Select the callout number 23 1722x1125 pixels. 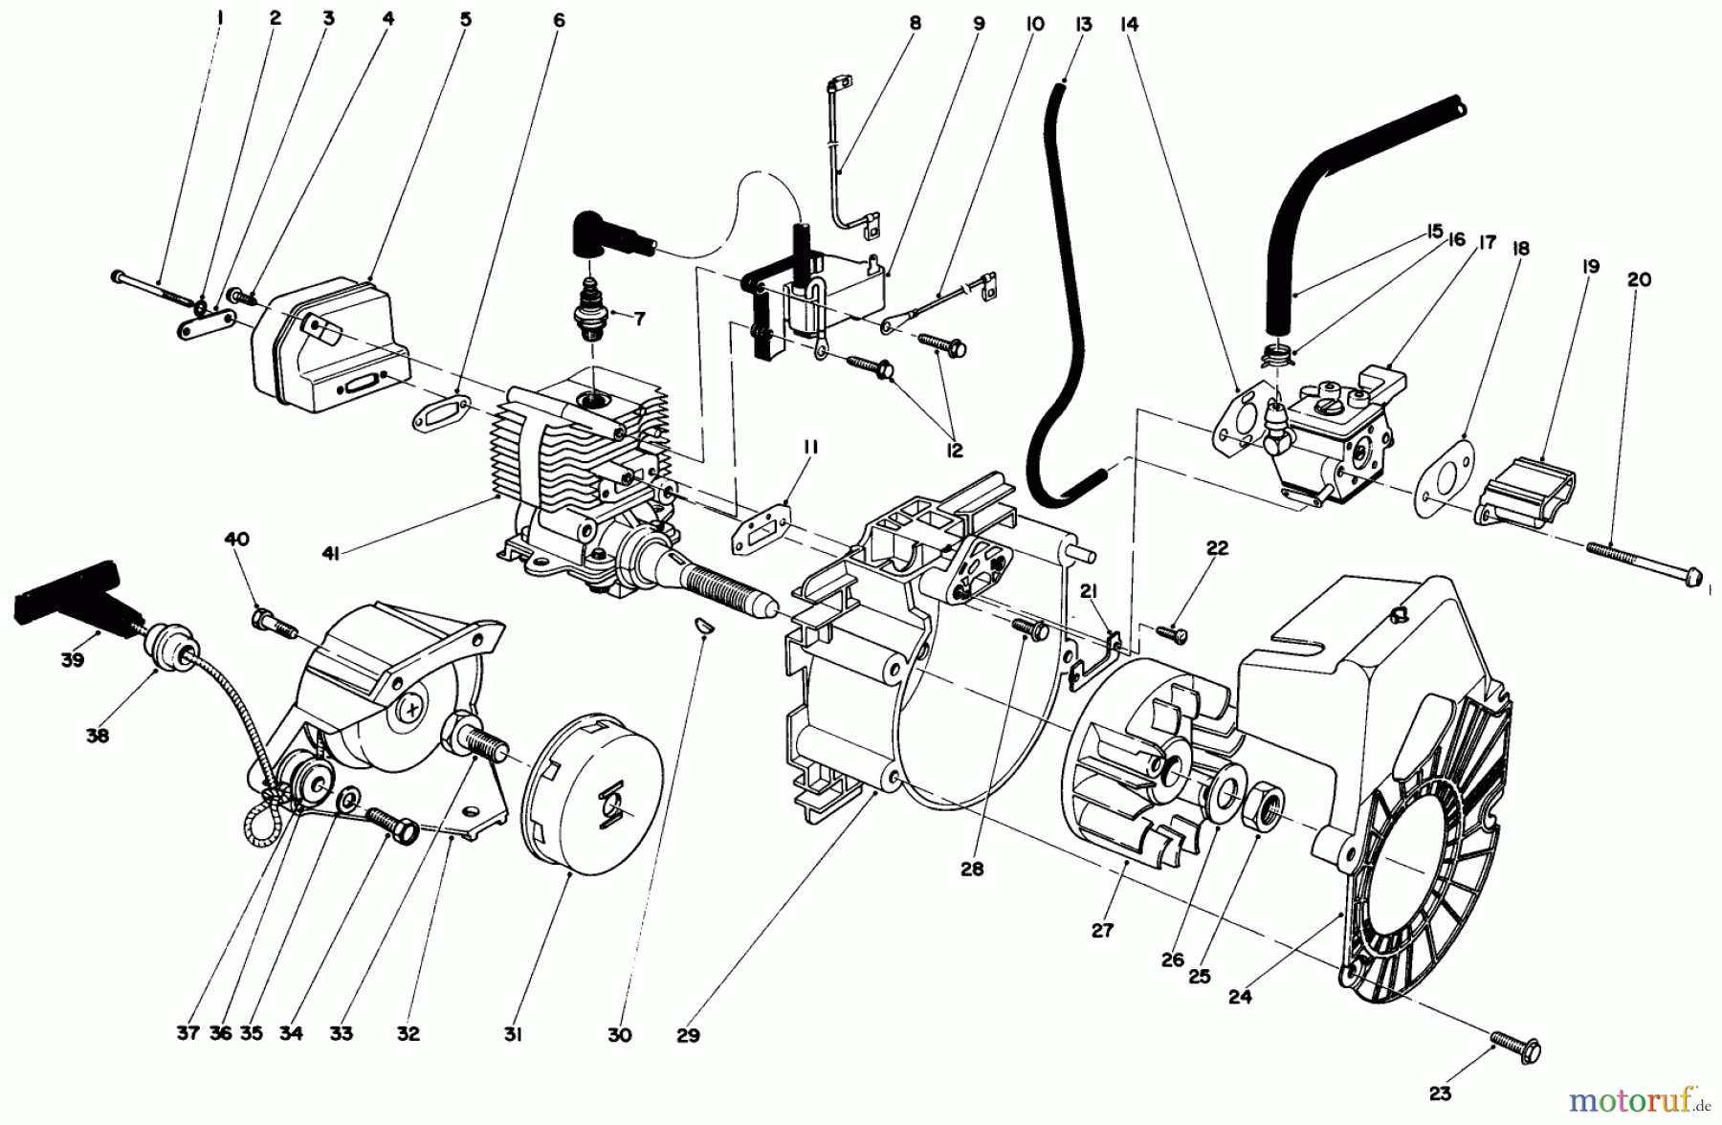coord(1440,1093)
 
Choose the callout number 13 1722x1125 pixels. coord(1083,24)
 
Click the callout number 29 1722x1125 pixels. coord(688,1034)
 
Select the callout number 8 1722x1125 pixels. coord(915,24)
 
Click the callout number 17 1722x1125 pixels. coord(1489,243)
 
